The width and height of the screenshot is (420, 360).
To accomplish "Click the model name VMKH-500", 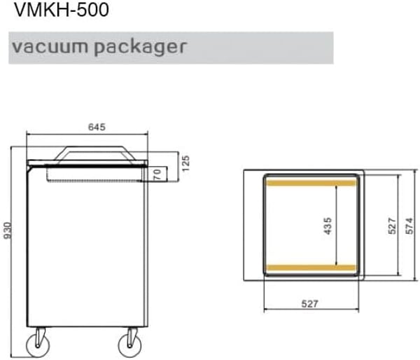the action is coord(62,10).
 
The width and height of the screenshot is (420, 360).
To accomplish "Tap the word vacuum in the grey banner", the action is coord(50,46).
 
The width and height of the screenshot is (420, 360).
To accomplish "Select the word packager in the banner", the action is coord(140,48).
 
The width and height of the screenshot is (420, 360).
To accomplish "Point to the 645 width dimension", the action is coord(97,127).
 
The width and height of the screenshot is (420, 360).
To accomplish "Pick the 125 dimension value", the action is coord(185,163).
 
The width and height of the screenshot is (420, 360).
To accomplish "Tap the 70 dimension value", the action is coord(157,174).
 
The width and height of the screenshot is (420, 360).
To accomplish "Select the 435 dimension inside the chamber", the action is coord(328,226).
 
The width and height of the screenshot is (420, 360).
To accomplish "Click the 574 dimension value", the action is coord(409,226).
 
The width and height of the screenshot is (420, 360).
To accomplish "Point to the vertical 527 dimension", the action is coord(392,226).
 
